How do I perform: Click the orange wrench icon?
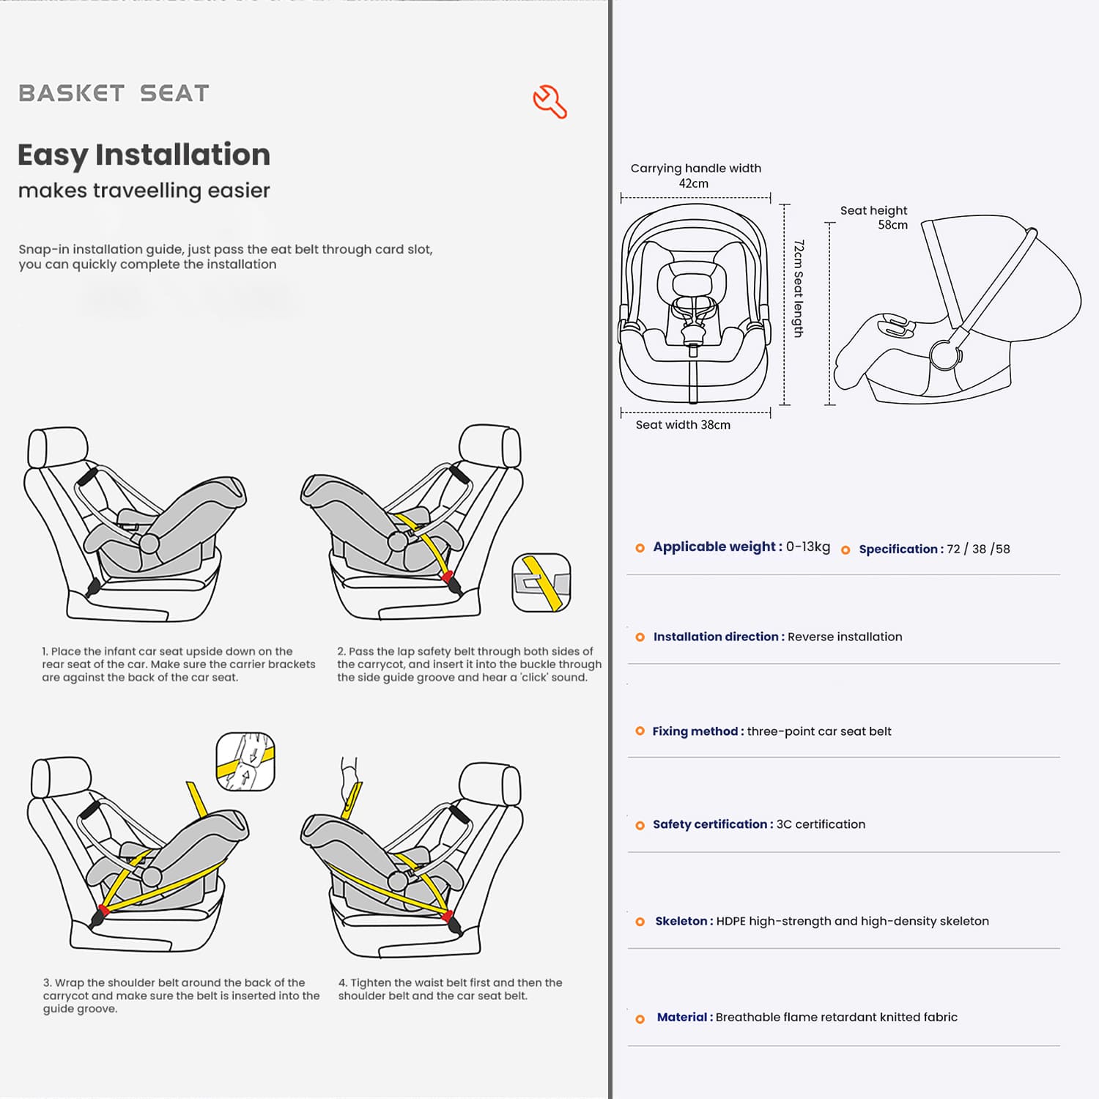(x=549, y=102)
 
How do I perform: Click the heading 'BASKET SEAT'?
(x=114, y=93)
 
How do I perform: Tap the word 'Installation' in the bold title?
(x=182, y=155)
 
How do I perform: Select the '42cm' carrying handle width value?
(x=693, y=184)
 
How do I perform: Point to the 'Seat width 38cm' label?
(x=682, y=425)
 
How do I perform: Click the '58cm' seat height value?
(x=892, y=225)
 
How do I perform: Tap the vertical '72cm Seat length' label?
(x=799, y=289)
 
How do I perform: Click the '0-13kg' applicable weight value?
(x=808, y=547)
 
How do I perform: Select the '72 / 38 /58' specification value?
(x=978, y=549)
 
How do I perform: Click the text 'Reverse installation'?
(x=845, y=637)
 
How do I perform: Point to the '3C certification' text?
(x=821, y=824)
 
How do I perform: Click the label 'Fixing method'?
(x=695, y=731)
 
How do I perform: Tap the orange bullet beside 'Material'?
(x=640, y=1019)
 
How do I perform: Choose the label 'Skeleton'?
(x=681, y=921)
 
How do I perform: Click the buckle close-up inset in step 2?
(x=541, y=582)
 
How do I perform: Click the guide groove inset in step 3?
(x=245, y=761)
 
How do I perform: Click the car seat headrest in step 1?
(x=57, y=447)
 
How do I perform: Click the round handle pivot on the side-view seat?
(x=945, y=355)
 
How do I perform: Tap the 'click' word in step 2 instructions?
(x=533, y=678)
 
